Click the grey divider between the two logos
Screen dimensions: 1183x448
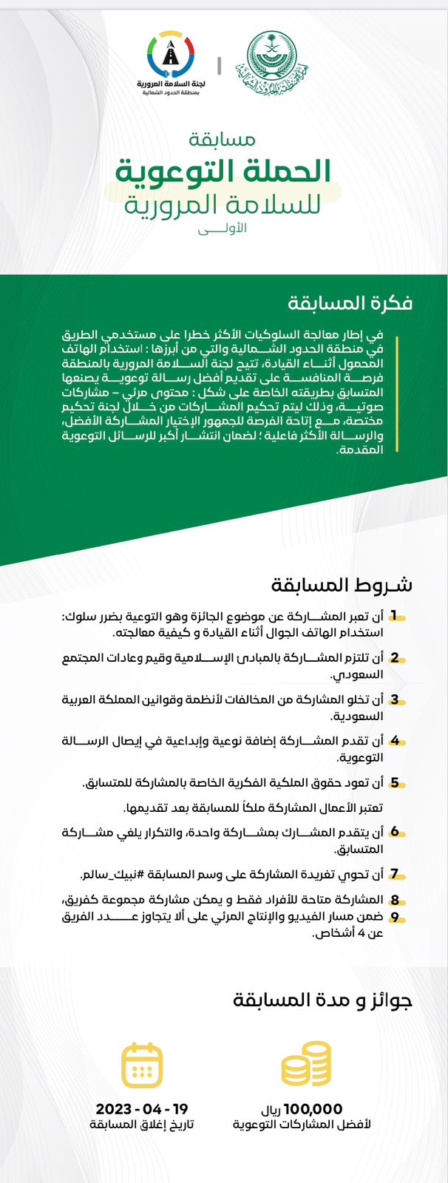pos(220,64)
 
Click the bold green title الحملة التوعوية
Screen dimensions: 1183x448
pos(223,171)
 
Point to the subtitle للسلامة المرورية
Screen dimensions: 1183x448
pos(223,203)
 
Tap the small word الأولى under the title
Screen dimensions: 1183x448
pos(223,230)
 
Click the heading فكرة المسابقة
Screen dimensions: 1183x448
pos(350,302)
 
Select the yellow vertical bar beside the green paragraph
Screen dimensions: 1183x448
pos(397,393)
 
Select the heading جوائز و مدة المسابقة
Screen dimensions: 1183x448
pos(322,1001)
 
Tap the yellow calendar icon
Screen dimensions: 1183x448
pos(142,1065)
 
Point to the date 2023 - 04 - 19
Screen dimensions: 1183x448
pos(142,1109)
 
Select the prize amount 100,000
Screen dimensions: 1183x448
pos(313,1109)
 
